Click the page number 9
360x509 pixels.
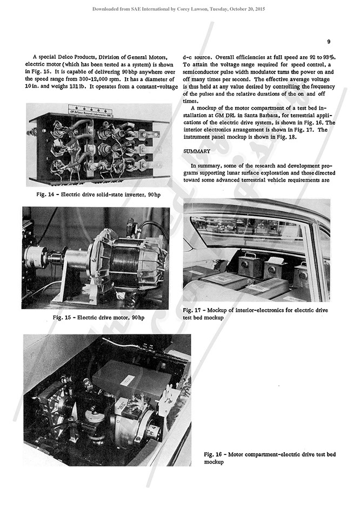point(329,41)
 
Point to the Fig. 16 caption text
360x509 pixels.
point(270,458)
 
